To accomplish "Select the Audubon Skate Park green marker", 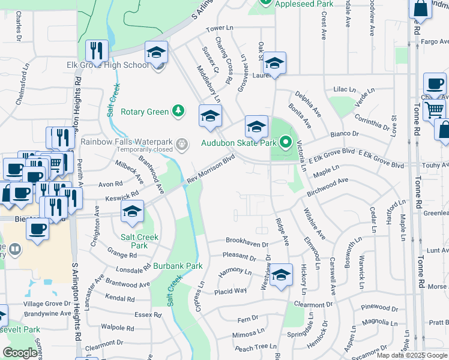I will [286, 143].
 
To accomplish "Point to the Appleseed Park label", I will [304, 4].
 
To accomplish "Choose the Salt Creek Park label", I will [139, 241].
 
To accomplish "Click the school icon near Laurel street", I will [274, 63].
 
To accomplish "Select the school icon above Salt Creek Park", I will [133, 211].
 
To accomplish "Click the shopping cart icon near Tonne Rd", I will [434, 109].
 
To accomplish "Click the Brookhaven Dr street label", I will [246, 240].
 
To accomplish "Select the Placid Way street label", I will [231, 291].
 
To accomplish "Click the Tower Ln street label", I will [219, 28].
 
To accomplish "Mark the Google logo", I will [20, 353].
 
